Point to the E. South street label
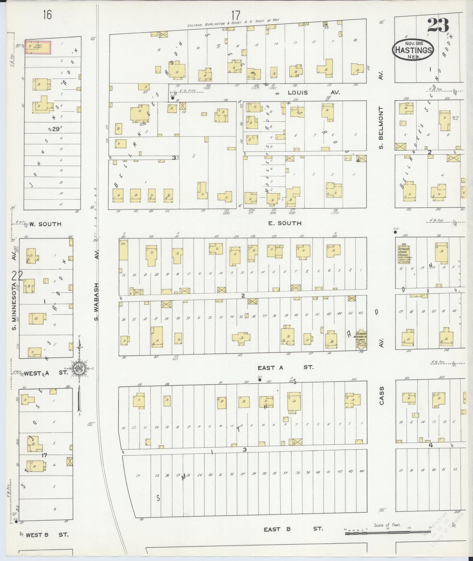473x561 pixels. coord(280,223)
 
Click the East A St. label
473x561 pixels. coord(285,367)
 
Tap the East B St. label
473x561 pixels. coord(292,529)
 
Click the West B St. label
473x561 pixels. coord(47,535)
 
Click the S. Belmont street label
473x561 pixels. coord(381,128)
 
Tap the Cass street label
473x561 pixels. coord(381,396)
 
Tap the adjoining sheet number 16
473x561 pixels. coord(47,14)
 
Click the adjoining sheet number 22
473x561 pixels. coord(17,276)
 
